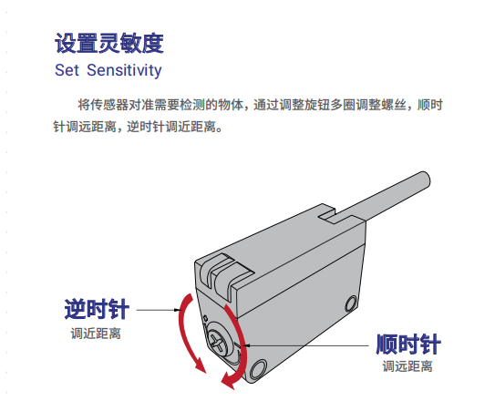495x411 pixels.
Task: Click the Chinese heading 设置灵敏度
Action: (109, 43)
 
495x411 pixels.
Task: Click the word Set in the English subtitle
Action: (67, 70)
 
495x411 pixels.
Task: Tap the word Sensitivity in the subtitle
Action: (124, 70)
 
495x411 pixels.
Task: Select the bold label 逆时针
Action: (97, 309)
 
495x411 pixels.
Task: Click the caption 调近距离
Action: (96, 334)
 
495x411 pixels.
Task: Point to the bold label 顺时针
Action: (408, 344)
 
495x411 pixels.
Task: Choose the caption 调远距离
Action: (407, 366)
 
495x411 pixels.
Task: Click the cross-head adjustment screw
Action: (218, 341)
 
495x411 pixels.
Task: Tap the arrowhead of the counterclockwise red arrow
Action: (201, 366)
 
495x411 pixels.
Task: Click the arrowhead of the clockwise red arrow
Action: (228, 380)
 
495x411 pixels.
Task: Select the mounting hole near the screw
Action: (258, 369)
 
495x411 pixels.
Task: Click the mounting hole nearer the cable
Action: (351, 303)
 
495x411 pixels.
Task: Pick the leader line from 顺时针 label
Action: (305, 345)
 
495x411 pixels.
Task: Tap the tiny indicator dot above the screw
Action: (205, 317)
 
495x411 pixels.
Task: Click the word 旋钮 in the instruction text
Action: (317, 105)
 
